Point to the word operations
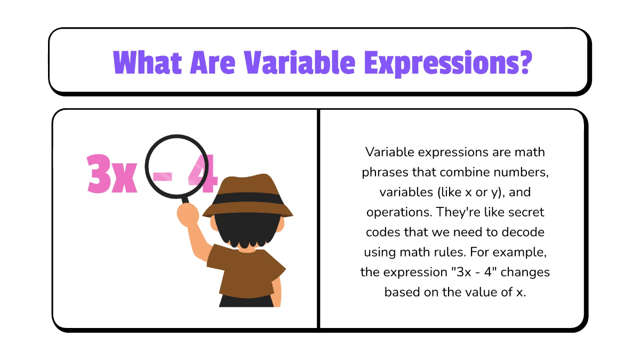tap(397, 212)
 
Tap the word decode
tap(525, 231)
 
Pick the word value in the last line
tap(469, 292)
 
